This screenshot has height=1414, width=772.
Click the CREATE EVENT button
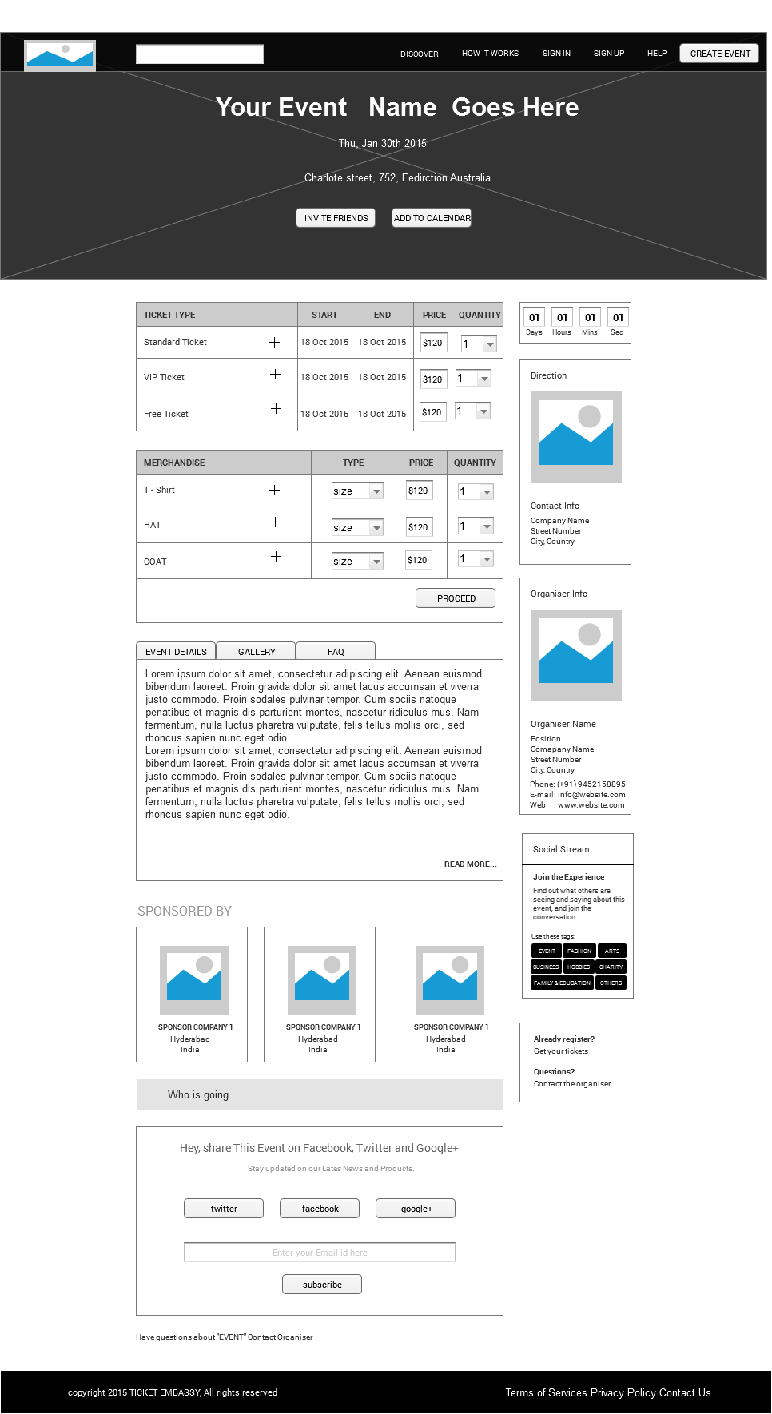coord(719,54)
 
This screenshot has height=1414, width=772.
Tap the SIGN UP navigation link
coord(608,54)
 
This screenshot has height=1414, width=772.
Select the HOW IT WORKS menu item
coord(490,54)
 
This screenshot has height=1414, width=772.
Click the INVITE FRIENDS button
coord(336,218)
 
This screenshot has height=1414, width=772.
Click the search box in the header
coord(200,54)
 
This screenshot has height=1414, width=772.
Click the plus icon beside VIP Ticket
coord(275,375)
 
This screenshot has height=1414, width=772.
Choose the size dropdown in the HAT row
coord(357,527)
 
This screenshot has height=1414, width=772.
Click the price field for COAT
coord(418,560)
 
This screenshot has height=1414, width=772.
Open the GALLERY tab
coord(257,652)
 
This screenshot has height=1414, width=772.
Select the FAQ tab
coord(336,652)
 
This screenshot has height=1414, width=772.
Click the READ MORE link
coord(470,864)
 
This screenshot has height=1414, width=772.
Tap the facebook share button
coord(320,1209)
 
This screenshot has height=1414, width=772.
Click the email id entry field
coord(320,1253)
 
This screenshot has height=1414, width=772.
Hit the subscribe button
coord(322,1285)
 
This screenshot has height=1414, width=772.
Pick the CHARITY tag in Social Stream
coord(611,967)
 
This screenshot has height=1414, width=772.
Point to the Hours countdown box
coord(562,318)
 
